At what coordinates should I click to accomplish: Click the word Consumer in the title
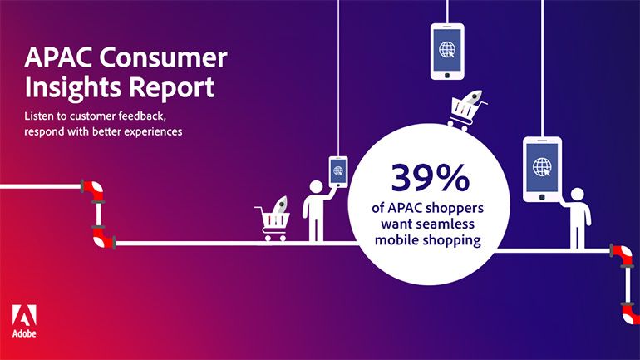(x=163, y=57)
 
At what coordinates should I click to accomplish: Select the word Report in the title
(x=172, y=88)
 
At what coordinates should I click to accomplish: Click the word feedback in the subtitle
(x=142, y=116)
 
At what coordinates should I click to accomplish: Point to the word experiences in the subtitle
(x=153, y=132)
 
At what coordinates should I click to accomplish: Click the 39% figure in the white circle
(x=431, y=178)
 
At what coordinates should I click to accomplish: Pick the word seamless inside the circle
(x=448, y=224)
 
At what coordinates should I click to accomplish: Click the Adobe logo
(x=24, y=321)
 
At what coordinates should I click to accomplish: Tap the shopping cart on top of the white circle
(x=466, y=111)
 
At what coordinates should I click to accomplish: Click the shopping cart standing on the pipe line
(x=273, y=219)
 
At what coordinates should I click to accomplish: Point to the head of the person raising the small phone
(x=316, y=187)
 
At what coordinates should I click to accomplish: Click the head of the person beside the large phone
(x=577, y=195)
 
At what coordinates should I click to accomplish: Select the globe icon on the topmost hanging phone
(x=447, y=49)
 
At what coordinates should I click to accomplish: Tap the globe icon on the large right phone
(x=542, y=166)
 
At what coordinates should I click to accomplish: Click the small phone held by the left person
(x=338, y=172)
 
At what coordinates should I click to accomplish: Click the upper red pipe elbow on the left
(x=92, y=190)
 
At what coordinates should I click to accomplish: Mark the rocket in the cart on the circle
(x=472, y=97)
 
